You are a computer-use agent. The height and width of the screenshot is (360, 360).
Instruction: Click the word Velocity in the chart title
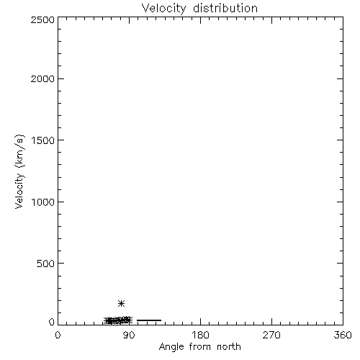[x=164, y=9]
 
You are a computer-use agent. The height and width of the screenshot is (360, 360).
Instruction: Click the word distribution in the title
[x=225, y=8]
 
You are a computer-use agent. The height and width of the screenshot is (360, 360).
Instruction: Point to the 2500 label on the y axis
[x=42, y=19]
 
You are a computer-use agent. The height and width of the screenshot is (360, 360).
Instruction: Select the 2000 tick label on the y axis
[x=42, y=78]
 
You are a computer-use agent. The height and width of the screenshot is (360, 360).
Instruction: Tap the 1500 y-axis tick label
[x=43, y=140]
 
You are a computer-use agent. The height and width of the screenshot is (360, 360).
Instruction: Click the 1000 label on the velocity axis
[x=43, y=202]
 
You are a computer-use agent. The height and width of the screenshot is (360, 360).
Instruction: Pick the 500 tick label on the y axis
[x=46, y=264]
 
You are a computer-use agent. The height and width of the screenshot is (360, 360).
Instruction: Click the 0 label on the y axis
[x=52, y=322]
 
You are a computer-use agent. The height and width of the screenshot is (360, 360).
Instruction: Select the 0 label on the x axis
[x=58, y=335]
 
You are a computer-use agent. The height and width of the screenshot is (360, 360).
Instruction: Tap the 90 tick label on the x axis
[x=129, y=335]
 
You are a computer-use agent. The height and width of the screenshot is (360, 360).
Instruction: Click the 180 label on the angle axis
[x=200, y=335]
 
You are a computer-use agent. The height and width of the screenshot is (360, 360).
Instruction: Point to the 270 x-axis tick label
[x=271, y=335]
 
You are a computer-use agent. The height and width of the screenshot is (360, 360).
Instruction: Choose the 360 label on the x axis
[x=343, y=335]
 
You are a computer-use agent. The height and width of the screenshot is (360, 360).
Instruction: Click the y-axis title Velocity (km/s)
[x=19, y=171]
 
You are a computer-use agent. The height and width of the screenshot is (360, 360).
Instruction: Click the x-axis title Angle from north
[x=200, y=347]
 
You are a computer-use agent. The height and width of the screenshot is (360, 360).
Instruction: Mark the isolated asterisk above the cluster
[x=122, y=303]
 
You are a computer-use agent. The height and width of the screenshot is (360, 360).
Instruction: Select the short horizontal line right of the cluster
[x=149, y=320]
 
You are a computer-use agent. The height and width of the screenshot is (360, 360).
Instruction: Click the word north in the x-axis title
[x=229, y=346]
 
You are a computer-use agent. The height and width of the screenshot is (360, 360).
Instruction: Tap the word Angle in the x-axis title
[x=171, y=347]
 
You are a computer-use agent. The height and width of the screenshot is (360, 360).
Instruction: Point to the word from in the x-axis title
[x=200, y=346]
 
